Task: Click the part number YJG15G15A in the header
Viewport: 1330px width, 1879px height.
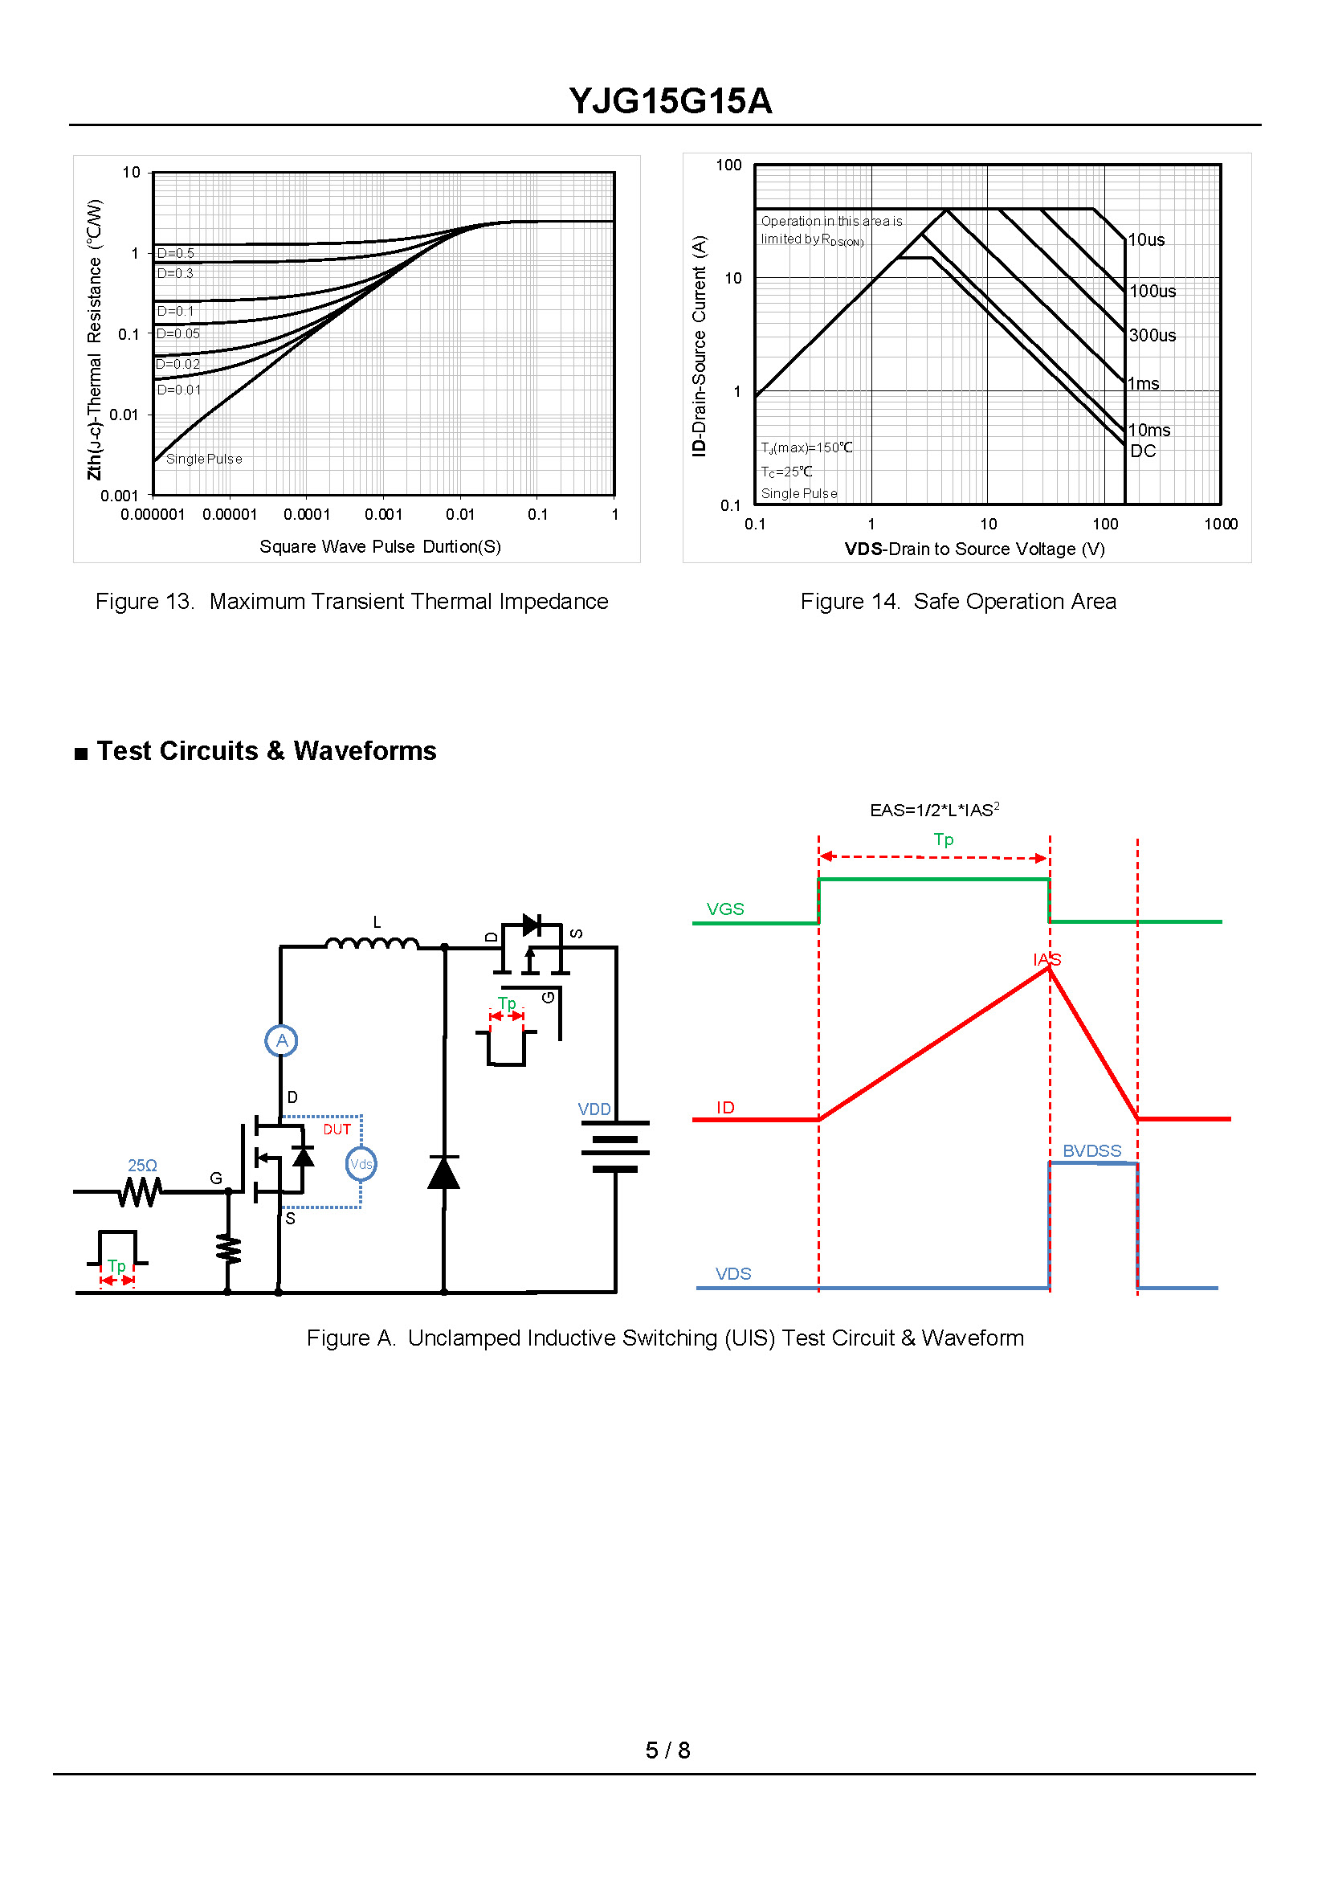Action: [x=670, y=100]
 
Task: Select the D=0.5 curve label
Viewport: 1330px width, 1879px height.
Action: [x=176, y=253]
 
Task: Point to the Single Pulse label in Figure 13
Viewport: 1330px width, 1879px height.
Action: [x=204, y=459]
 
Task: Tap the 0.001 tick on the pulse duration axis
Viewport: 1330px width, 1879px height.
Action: [x=383, y=514]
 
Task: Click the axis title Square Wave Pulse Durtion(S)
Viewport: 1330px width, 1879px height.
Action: [x=380, y=546]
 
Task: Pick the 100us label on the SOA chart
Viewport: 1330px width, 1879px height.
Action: [x=1153, y=291]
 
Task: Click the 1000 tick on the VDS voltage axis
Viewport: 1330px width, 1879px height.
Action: [x=1220, y=524]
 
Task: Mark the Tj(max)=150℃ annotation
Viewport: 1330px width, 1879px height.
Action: [x=806, y=447]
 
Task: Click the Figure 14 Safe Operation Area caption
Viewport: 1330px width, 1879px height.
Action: [x=958, y=601]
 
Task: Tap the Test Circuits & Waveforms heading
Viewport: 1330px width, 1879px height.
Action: [x=266, y=750]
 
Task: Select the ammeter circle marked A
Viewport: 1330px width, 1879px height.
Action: [x=282, y=1040]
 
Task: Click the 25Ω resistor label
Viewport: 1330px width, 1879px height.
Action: [x=142, y=1165]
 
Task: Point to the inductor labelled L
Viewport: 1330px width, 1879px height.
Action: [x=373, y=942]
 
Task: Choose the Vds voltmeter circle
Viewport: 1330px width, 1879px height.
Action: [x=361, y=1164]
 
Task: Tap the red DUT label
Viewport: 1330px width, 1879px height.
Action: [x=337, y=1129]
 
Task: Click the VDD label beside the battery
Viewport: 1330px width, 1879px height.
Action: [x=594, y=1109]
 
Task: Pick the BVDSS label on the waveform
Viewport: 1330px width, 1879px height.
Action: [x=1091, y=1151]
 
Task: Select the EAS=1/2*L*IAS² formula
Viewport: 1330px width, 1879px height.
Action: [x=934, y=809]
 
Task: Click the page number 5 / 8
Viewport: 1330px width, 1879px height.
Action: [x=667, y=1750]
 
